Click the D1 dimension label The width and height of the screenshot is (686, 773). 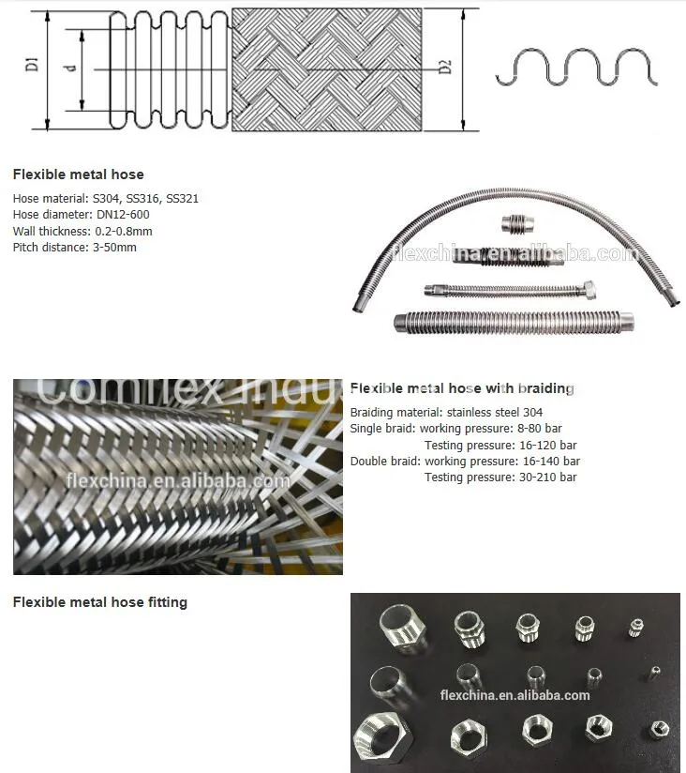(31, 67)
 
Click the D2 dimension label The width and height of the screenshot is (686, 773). (445, 67)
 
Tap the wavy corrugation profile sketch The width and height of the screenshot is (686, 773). (576, 68)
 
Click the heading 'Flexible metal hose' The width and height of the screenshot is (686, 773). (78, 174)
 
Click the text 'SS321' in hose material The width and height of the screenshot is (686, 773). (182, 199)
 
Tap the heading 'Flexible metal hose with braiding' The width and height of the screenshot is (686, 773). (462, 388)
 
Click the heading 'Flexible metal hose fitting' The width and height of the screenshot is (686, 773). (99, 602)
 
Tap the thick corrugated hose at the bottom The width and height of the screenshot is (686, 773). (515, 322)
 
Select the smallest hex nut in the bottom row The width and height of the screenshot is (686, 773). (659, 729)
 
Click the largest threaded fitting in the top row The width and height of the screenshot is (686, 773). (402, 625)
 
